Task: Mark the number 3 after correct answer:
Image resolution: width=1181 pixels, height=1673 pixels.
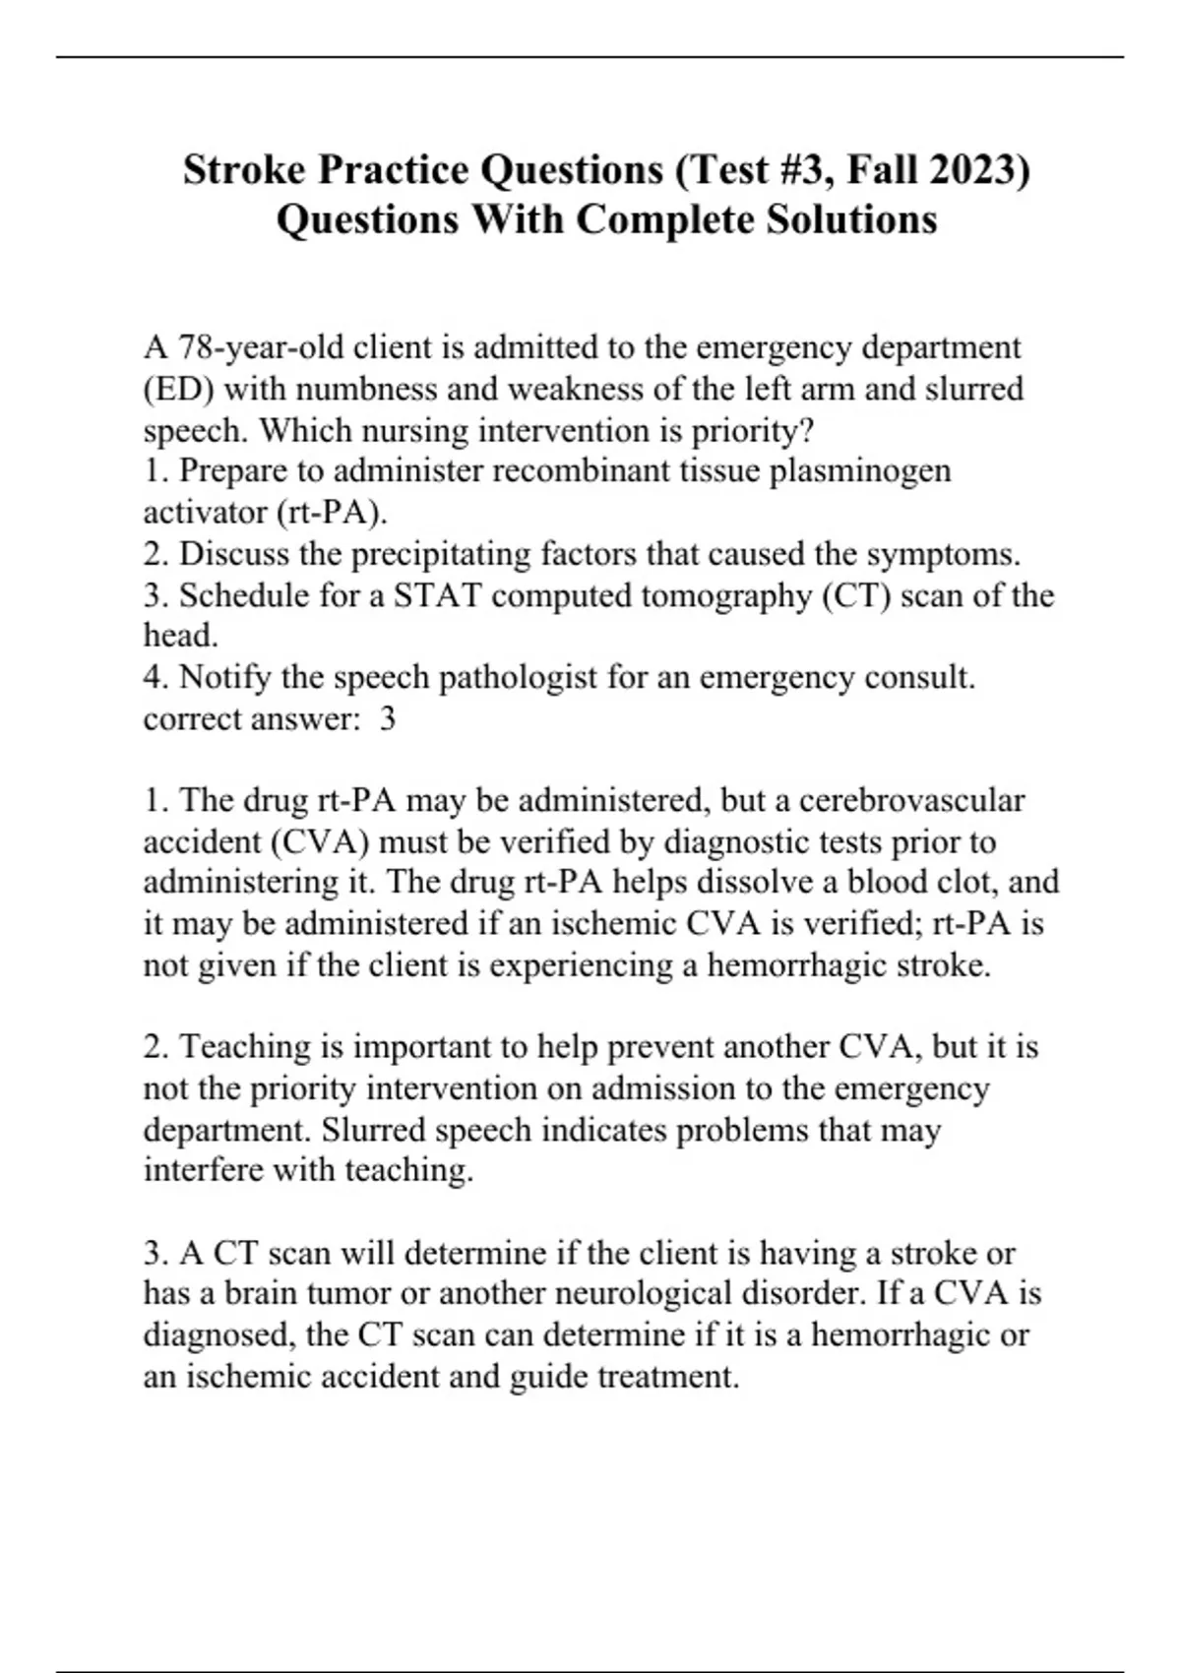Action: click(388, 719)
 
